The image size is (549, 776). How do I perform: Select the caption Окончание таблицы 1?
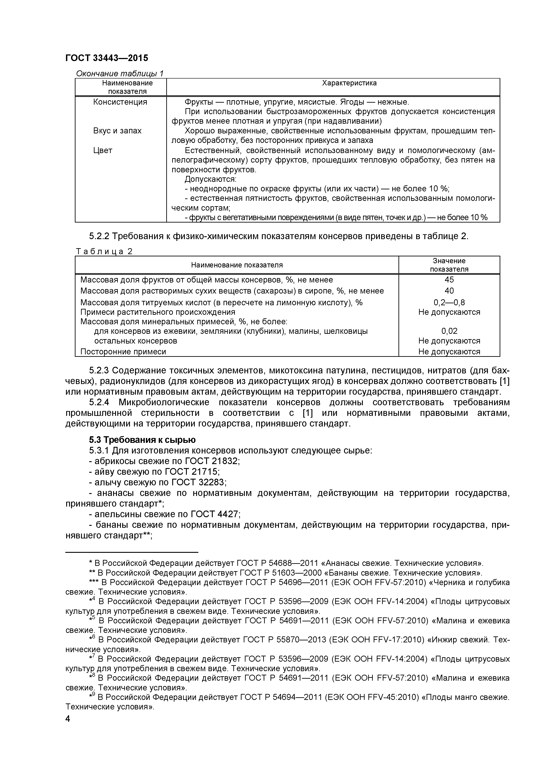pos(119,73)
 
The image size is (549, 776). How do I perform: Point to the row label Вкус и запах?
pos(117,131)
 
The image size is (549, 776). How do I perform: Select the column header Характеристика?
pos(349,83)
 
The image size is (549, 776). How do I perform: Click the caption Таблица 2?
pos(104,251)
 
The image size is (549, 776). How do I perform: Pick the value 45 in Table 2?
pos(449,280)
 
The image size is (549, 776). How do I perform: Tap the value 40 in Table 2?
pos(449,291)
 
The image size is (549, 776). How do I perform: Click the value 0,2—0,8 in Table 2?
pos(449,302)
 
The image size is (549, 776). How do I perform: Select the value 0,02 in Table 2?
pos(449,331)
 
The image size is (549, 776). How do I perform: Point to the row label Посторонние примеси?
pos(123,352)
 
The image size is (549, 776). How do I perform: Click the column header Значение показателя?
pos(449,265)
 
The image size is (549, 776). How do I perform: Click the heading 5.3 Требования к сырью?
pos(142,440)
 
